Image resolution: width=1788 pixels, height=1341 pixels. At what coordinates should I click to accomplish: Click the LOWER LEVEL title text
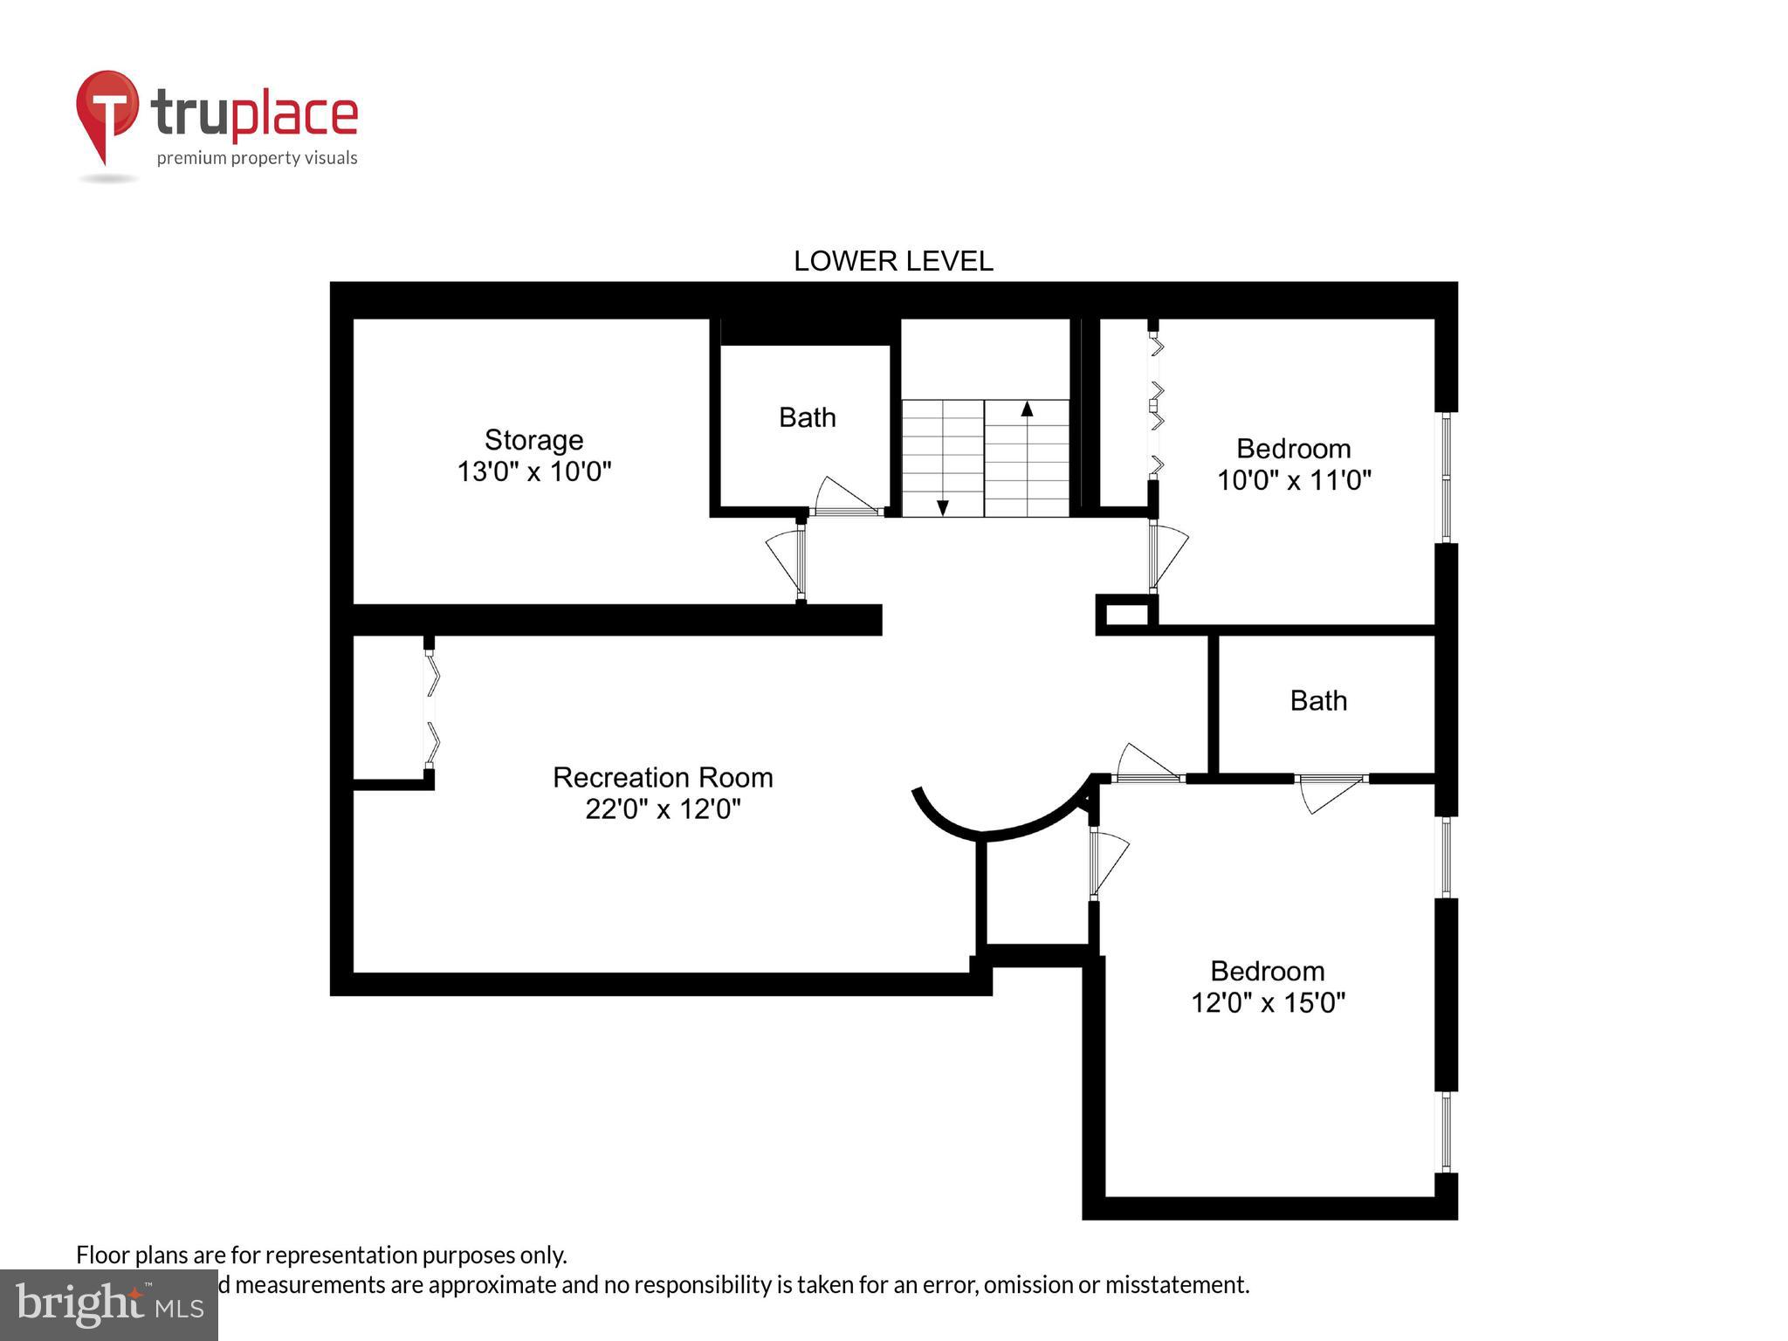coord(892,261)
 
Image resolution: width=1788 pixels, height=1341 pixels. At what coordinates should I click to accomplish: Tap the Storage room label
coord(533,439)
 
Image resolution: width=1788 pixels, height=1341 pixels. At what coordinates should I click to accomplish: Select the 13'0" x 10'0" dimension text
coord(533,471)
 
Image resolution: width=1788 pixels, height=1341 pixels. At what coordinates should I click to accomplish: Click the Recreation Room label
coord(663,777)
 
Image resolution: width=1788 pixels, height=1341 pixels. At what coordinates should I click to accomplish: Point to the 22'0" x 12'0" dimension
coord(663,809)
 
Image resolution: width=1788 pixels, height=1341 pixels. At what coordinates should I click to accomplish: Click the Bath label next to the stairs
coord(807,417)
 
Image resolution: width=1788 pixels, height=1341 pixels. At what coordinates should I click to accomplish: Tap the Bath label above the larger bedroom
coord(1318,700)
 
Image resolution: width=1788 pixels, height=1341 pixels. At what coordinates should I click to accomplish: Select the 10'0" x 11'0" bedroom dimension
coord(1294,480)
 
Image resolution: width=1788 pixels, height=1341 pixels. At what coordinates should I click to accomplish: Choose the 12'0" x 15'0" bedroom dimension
coord(1268,1002)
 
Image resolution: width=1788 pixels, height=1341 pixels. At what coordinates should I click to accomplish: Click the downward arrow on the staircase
coord(943,507)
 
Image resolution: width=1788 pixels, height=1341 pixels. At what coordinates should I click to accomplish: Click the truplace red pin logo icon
coord(107,109)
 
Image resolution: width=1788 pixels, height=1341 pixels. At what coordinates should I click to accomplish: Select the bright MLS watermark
coord(109,1305)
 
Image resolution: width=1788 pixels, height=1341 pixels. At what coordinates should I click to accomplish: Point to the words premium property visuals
coord(257,158)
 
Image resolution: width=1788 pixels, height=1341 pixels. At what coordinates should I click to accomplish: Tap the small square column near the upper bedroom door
coord(1126,614)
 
